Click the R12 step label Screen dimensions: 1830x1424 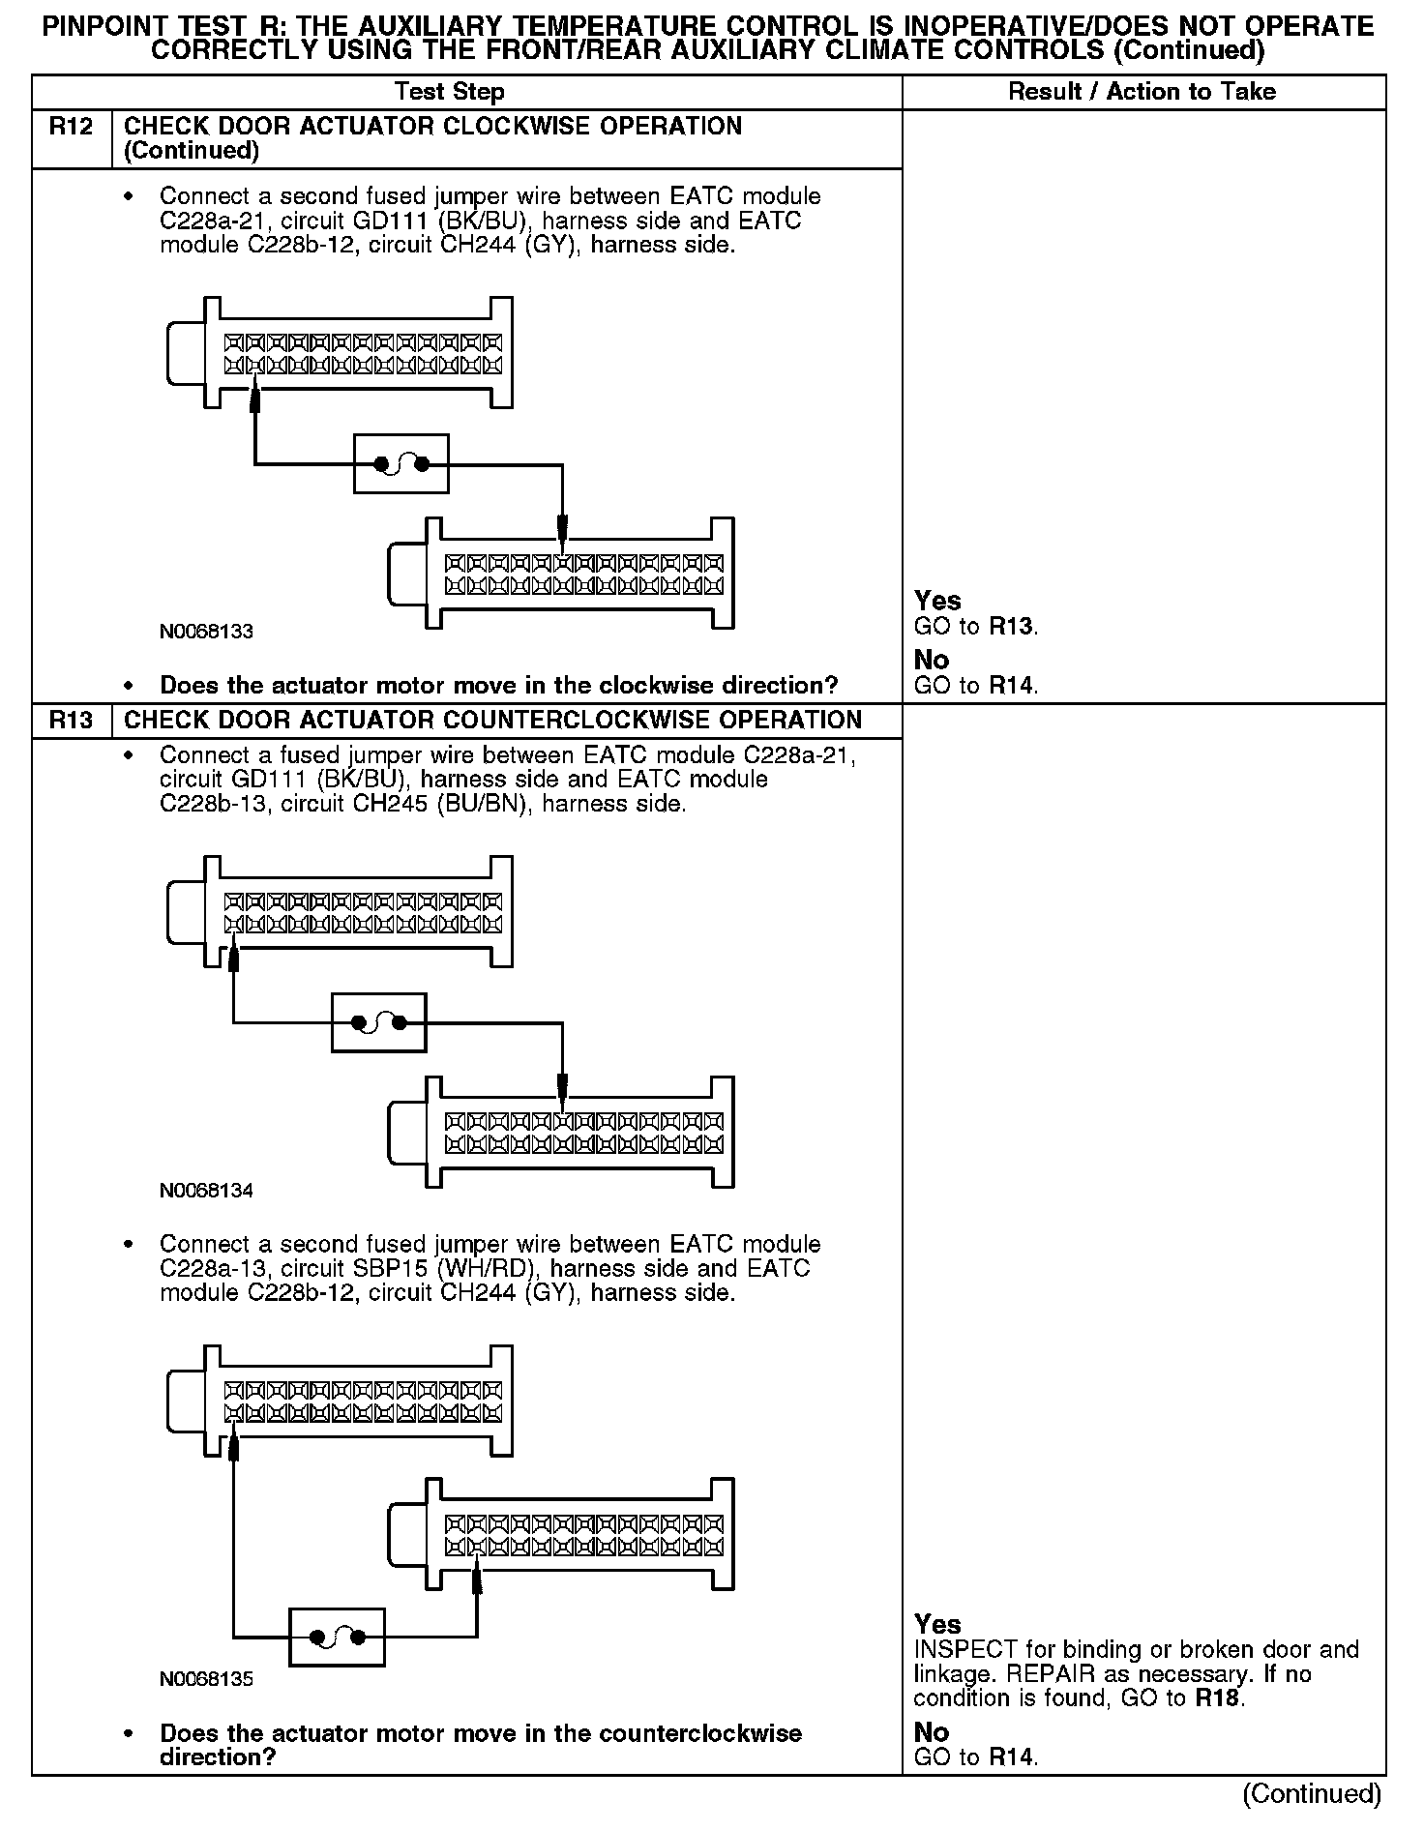tap(71, 127)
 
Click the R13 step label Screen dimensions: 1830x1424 tap(71, 721)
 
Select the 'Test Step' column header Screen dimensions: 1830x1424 tap(450, 92)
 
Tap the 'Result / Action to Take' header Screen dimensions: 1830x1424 tap(1142, 92)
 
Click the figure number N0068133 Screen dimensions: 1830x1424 tap(206, 632)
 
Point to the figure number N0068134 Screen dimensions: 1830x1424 tap(206, 1191)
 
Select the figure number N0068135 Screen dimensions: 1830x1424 tap(206, 1679)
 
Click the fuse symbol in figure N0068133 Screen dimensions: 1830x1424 tap(401, 465)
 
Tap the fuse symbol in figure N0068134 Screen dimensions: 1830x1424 tap(378, 1022)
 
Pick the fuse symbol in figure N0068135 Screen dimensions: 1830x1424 tap(337, 1638)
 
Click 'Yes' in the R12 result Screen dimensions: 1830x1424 tap(937, 601)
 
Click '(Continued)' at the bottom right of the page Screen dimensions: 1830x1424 tap(1312, 1794)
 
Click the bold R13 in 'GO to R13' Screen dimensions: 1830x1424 tap(1013, 627)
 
